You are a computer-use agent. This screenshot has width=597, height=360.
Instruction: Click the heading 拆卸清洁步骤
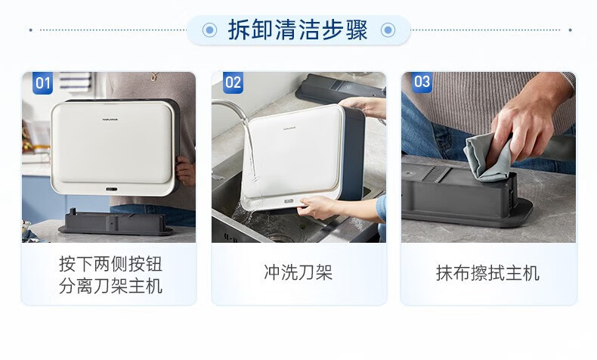pyautogui.click(x=298, y=29)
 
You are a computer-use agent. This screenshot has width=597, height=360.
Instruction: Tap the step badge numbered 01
pyautogui.click(x=42, y=82)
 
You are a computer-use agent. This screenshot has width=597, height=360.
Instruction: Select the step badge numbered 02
pyautogui.click(x=233, y=82)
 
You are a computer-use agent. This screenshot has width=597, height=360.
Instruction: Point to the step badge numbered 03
pyautogui.click(x=422, y=82)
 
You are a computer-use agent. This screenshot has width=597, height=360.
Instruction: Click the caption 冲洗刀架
pyautogui.click(x=298, y=273)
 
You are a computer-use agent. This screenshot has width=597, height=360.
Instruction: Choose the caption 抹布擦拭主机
pyautogui.click(x=487, y=273)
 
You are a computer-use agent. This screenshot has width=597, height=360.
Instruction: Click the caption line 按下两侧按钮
pyautogui.click(x=111, y=264)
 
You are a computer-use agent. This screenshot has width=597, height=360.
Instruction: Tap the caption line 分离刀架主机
pyautogui.click(x=111, y=286)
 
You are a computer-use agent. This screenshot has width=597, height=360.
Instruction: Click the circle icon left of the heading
pyautogui.click(x=209, y=29)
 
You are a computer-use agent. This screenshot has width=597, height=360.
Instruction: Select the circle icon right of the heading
pyautogui.click(x=388, y=29)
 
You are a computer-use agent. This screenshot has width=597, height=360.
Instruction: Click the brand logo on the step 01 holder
pyautogui.click(x=110, y=119)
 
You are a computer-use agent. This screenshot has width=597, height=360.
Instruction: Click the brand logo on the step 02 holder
pyautogui.click(x=289, y=129)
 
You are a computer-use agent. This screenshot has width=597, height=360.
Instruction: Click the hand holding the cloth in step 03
pyautogui.click(x=529, y=122)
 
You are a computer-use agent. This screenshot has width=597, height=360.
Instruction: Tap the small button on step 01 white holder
pyautogui.click(x=112, y=189)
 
